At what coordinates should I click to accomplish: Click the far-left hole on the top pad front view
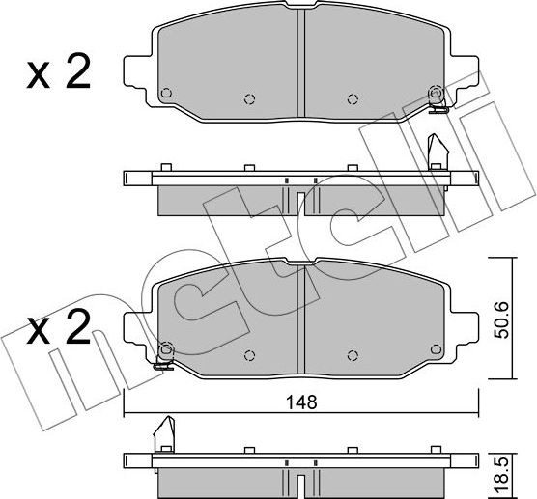coord(165,94)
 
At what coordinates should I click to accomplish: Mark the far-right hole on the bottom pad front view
coord(436,348)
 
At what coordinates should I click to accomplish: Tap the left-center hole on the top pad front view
coord(249,97)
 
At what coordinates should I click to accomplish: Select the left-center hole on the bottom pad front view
coord(249,352)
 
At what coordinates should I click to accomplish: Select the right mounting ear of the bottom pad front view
coord(466,326)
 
